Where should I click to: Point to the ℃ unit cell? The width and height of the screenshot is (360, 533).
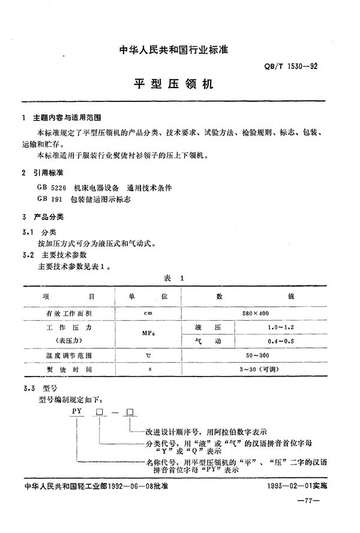coord(148,356)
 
